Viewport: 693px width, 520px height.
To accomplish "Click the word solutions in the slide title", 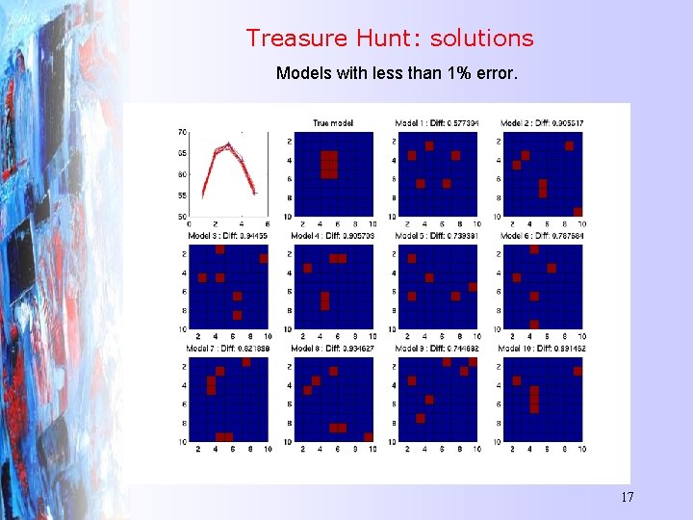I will point(481,39).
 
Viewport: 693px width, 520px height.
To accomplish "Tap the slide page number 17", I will point(627,497).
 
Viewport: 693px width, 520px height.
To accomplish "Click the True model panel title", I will point(333,123).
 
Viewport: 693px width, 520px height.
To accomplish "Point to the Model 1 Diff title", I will point(438,123).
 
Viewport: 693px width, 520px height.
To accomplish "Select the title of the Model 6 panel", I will point(542,236).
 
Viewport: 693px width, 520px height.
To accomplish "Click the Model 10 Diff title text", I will point(542,348).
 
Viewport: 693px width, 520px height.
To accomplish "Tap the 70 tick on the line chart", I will point(182,132).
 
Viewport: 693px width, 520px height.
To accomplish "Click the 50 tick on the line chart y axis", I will point(182,216).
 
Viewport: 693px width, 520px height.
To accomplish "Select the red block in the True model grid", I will point(329,165).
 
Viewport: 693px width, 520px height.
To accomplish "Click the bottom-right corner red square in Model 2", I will point(577,212).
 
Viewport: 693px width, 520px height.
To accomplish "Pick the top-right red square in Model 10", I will point(577,362).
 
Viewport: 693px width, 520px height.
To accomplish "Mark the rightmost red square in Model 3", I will point(264,258).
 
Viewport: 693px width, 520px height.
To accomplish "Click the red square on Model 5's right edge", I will point(473,287).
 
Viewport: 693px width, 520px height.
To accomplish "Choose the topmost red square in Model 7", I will point(246,362).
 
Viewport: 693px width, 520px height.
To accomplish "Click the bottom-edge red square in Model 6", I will point(534,325).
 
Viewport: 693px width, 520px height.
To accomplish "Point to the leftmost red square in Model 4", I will point(307,268).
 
